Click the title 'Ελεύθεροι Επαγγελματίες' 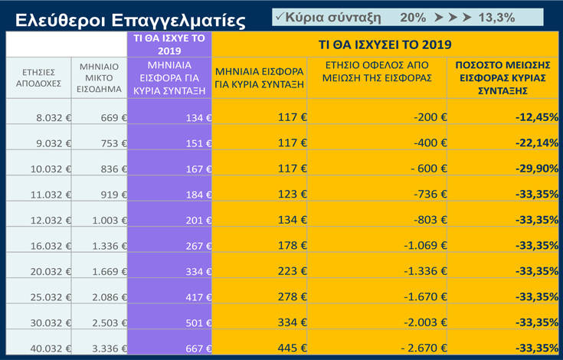(130, 18)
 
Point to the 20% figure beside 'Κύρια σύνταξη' (414, 16)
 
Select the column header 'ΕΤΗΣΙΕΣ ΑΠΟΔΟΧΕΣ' (38, 77)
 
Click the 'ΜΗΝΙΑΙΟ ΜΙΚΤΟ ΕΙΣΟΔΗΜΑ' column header (99, 77)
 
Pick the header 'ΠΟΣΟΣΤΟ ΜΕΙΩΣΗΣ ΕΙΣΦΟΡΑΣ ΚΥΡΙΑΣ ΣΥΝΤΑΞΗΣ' (503, 77)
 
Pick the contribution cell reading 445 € (288, 349)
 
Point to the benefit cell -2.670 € (424, 349)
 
